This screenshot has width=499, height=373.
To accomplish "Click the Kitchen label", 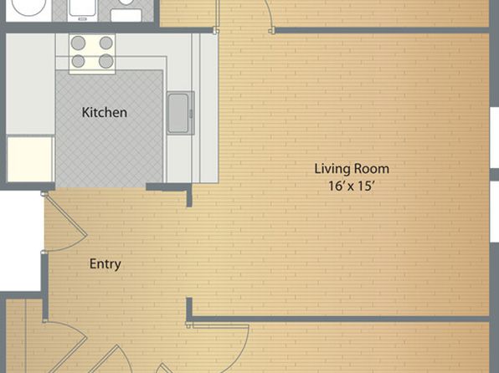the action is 105,113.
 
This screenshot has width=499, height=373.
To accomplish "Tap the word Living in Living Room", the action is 331,169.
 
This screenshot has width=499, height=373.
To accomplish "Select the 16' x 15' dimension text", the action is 350,186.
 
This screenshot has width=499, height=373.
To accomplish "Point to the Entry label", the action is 105,264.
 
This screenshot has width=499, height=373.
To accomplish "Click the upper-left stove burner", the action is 78,43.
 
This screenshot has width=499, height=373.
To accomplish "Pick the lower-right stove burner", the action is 106,61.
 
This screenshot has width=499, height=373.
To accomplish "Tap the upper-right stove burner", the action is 106,43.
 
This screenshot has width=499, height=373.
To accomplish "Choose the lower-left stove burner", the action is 78,61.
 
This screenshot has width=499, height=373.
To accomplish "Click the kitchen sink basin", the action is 177,113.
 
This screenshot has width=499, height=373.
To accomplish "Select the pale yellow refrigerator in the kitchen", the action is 30,159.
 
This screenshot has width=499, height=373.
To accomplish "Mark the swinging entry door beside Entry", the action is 65,222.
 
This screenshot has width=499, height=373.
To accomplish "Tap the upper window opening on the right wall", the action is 495,138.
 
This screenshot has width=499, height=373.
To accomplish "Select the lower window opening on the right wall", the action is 495,211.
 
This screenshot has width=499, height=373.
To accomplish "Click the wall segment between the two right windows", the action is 495,175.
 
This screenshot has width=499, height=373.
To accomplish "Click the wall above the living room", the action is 382,31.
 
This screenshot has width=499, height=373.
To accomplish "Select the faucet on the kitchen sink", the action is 191,113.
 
